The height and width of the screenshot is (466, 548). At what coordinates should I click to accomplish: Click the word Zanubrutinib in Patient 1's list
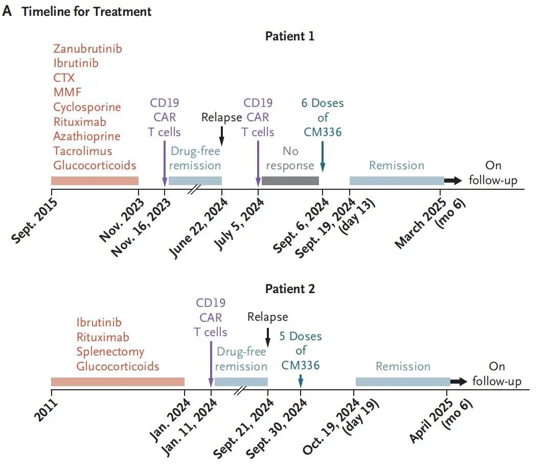tap(88, 49)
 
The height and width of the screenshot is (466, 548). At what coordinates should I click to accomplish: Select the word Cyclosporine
tap(87, 107)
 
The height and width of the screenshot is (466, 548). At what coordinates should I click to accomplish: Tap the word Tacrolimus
tap(83, 151)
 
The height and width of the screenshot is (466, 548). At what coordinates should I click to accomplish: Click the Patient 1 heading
tap(290, 36)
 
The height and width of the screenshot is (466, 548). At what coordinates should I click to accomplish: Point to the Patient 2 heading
tap(290, 289)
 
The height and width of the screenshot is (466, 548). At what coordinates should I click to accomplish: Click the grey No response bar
tap(290, 181)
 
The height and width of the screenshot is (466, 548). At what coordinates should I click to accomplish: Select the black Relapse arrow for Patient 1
tap(221, 136)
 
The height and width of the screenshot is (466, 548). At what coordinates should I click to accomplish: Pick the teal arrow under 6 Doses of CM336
tap(323, 157)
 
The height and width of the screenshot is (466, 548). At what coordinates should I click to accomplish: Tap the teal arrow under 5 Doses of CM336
tap(301, 381)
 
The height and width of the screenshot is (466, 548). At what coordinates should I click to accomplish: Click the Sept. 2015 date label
tap(34, 220)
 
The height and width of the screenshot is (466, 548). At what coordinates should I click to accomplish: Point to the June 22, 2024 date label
tap(198, 228)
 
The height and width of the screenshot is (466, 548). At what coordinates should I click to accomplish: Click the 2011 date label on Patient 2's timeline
tap(46, 410)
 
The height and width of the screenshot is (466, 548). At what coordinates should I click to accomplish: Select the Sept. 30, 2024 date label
tap(276, 428)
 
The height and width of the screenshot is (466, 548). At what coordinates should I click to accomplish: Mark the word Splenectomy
tap(110, 352)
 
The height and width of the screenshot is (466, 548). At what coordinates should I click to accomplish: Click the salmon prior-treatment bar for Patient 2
tap(118, 382)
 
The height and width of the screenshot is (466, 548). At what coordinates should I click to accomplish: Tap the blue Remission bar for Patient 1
tap(397, 181)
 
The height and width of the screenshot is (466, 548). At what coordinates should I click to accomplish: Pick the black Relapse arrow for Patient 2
tap(268, 338)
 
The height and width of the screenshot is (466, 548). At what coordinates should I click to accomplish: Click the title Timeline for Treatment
tap(86, 12)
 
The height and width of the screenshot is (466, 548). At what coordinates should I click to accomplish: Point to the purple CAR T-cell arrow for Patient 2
tap(211, 364)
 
